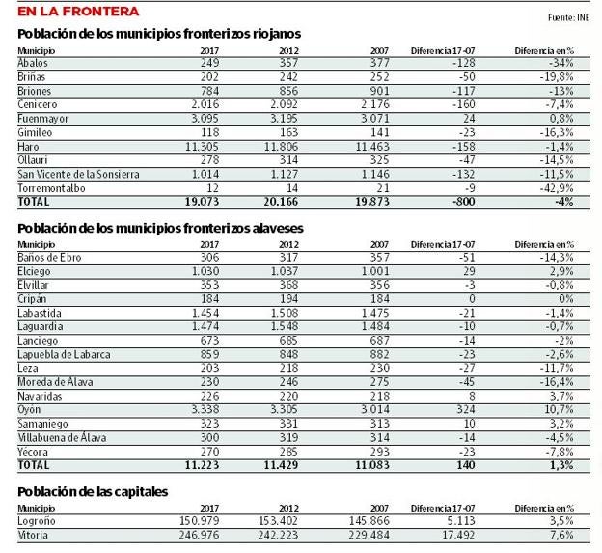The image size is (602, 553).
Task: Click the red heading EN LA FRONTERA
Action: coord(78,12)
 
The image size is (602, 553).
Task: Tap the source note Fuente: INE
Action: coord(568,17)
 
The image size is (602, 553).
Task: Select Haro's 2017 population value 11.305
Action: coord(202,147)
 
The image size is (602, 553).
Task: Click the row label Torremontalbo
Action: coord(51,188)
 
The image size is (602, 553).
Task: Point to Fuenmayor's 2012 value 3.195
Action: coord(284,119)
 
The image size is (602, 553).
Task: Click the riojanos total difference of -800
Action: coord(463,202)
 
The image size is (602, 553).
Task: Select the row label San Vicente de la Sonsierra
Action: coord(78,174)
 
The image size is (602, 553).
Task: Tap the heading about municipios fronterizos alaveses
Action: coord(160,228)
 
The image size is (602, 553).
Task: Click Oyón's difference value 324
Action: coord(466,409)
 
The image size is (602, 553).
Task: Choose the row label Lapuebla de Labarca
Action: coord(64,354)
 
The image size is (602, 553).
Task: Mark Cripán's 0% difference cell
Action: coord(566,299)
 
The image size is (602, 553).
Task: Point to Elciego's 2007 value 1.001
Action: coord(375,271)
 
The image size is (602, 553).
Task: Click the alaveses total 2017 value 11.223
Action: coord(202,465)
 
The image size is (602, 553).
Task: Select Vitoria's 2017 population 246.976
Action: coord(200,535)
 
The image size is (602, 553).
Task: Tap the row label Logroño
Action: coord(37,521)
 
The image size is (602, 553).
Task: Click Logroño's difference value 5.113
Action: coord(458,521)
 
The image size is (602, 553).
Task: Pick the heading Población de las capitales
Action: coord(93,492)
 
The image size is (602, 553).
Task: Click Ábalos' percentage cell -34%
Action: coord(561,63)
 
